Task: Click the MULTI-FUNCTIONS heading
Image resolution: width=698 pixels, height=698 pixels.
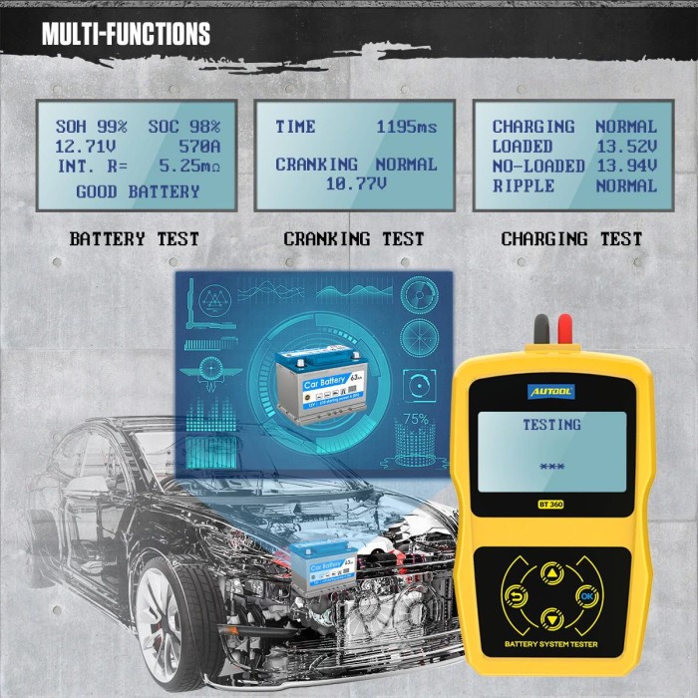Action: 126,35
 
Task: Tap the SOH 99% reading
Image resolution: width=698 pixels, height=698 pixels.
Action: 92,127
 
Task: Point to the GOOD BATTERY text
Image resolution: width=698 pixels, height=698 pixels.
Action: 138,191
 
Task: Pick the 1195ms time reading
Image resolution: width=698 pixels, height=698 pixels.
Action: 406,127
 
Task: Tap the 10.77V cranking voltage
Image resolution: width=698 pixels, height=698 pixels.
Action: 356,182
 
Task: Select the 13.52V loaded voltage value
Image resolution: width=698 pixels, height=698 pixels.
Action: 626,147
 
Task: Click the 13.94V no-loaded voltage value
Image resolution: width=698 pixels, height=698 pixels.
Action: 626,167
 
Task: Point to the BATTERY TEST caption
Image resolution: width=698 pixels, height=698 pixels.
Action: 135,239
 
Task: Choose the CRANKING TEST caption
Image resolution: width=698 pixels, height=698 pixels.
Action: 354,239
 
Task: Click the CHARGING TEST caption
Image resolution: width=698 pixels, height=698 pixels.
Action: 571,239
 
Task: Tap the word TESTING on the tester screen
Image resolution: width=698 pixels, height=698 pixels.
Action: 551,425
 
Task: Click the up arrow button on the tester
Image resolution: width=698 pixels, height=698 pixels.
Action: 550,574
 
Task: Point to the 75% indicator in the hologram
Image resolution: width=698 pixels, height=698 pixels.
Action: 415,420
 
